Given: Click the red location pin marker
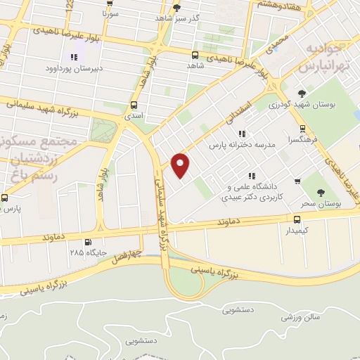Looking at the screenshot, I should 181,165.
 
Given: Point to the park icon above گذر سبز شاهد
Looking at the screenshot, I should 176,7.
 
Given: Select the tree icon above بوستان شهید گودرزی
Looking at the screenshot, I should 302,94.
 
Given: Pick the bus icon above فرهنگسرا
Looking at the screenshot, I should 302,129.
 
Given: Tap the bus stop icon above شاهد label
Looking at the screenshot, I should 195,54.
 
